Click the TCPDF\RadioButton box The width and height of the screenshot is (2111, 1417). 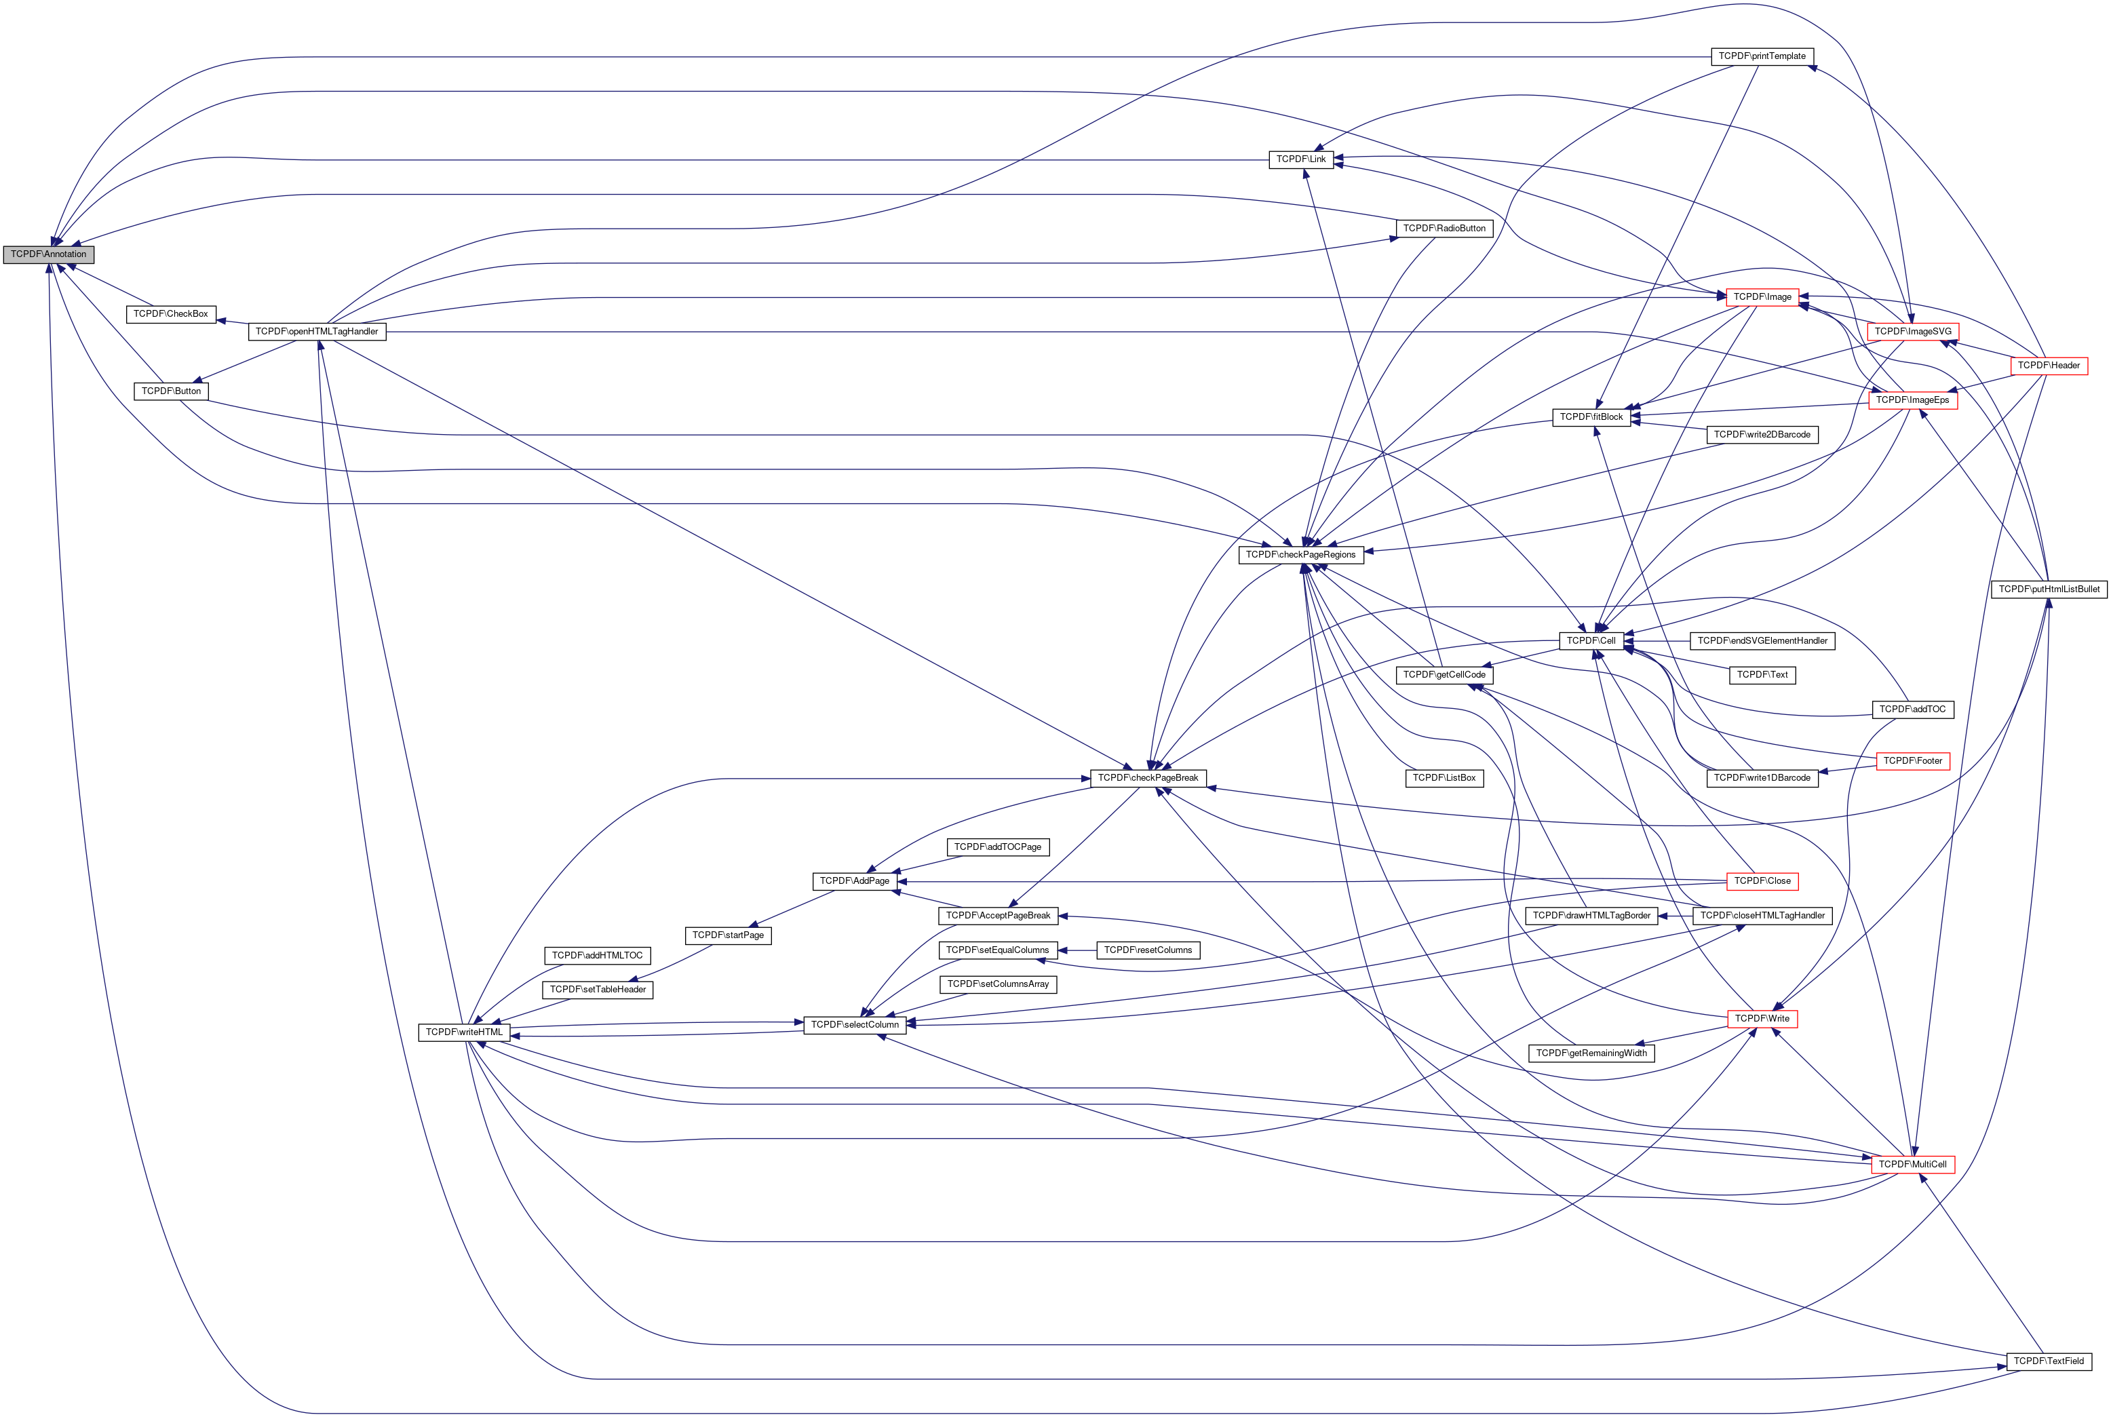1444,229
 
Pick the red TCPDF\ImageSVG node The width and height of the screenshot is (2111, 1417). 1912,332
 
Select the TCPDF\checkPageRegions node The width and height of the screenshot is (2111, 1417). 1300,555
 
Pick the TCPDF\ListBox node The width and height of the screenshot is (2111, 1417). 1444,778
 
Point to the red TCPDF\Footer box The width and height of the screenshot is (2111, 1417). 1912,762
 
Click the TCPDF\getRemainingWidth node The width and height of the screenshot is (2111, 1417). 1591,1053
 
